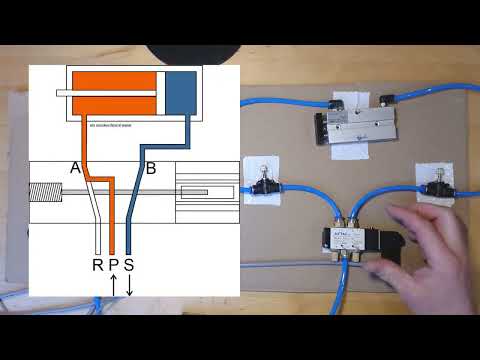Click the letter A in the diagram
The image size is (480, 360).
pos(76,169)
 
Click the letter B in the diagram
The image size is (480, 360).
pos(151,169)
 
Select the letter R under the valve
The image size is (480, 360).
pos(97,265)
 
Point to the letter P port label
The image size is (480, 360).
pos(114,265)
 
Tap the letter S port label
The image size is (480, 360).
pos(130,265)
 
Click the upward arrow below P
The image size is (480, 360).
pos(113,285)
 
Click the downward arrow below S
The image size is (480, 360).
pos(130,285)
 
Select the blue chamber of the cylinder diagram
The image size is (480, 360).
pos(181,92)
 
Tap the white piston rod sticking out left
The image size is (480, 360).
pos(63,94)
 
